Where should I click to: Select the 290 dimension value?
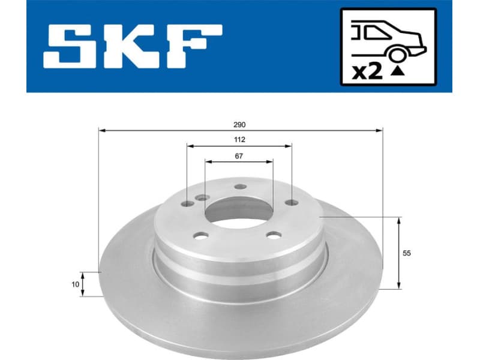click(x=240, y=124)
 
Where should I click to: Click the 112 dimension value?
click(x=239, y=140)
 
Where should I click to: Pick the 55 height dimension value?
click(x=406, y=253)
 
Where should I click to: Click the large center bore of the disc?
click(x=239, y=211)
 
